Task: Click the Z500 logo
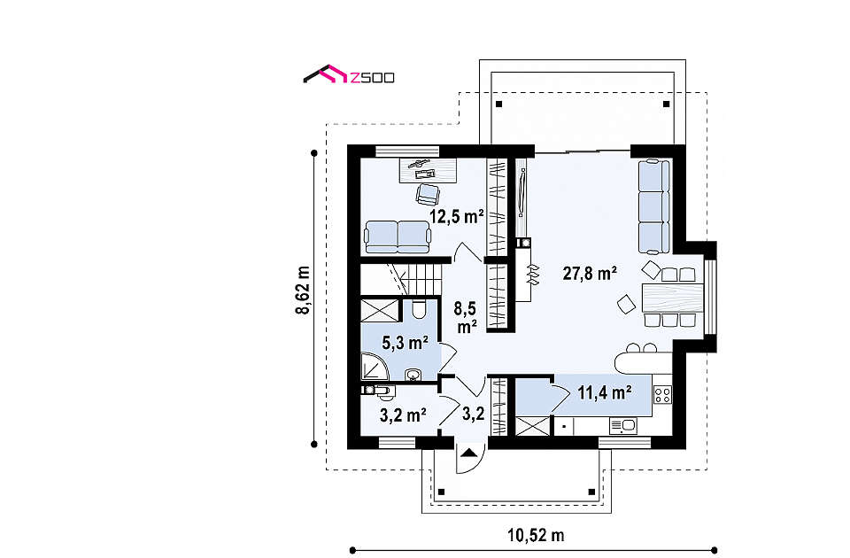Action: (349, 76)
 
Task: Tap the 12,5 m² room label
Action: (457, 216)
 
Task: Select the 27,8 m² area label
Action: (590, 273)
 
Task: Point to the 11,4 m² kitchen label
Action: (604, 392)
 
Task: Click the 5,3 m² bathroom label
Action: (406, 343)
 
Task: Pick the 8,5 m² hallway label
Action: (466, 318)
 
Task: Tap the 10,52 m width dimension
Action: (536, 536)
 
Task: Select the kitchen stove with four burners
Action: (663, 395)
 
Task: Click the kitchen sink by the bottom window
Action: (623, 426)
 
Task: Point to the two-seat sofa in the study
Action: (398, 237)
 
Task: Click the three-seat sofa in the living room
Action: (653, 206)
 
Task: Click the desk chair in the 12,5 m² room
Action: (427, 195)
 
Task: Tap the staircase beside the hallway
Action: (400, 279)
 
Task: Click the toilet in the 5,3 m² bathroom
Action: (418, 309)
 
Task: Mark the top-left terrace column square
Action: (499, 105)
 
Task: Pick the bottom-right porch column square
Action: (592, 492)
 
